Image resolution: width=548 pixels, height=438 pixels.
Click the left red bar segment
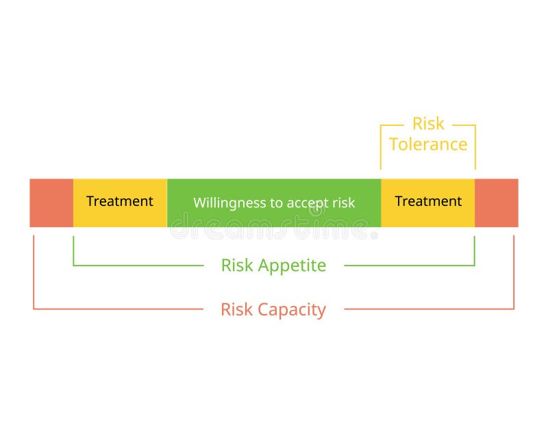tap(51, 203)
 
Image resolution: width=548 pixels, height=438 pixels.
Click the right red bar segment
tap(496, 203)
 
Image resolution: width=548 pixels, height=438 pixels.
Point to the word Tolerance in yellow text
tap(428, 144)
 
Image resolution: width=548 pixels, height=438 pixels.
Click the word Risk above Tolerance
tap(428, 124)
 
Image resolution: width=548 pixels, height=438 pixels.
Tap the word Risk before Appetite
tap(237, 266)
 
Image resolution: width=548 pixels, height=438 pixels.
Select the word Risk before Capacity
tap(236, 309)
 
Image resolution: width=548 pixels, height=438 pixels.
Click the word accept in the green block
tap(312, 203)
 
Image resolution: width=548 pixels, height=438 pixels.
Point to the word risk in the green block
tap(344, 203)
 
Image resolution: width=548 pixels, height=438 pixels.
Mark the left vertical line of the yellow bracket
tap(381, 147)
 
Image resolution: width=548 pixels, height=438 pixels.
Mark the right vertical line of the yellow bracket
tap(475, 147)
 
